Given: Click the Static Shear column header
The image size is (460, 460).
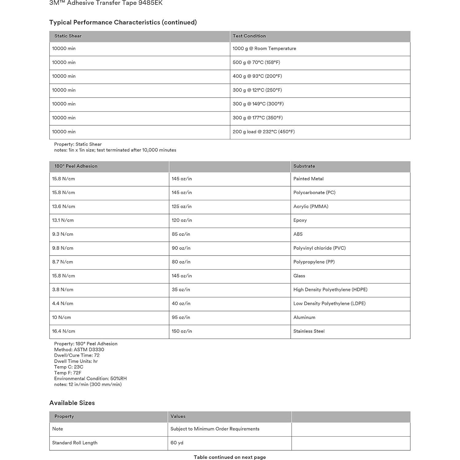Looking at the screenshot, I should coord(68,36).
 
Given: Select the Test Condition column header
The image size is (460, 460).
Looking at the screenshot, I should coord(249,36).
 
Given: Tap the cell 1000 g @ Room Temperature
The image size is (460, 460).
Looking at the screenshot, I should coord(264,49).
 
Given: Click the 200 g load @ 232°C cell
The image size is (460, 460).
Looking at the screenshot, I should coord(263,132).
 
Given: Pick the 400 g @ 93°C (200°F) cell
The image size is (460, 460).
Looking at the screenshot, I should coord(257,76).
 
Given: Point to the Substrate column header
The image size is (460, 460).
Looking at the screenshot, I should coord(304,166).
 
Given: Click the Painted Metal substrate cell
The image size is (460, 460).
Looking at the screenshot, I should coord(308,179).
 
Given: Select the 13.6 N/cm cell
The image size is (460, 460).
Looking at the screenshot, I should coord(64,206).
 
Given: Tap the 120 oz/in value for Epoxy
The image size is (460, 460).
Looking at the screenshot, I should coord(182,220).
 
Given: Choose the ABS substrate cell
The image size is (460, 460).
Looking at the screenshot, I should coord(298,234).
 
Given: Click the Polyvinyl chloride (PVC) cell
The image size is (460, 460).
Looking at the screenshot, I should coord(319,248).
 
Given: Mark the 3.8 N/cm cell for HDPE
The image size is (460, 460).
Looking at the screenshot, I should coord(63,290).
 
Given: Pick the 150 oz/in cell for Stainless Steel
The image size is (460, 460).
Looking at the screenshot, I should coord(182,331).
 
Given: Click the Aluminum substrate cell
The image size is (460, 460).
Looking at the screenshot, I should coord(304,317).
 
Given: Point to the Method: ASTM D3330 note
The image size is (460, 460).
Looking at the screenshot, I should coord(79,349).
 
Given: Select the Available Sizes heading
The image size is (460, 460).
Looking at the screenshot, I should coord(72,403).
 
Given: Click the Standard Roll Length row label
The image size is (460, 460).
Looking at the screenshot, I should coord(75,443).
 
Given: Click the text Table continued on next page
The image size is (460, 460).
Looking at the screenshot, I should coord(230,457).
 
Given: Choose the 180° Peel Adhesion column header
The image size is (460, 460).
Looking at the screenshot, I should coord(76,166).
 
